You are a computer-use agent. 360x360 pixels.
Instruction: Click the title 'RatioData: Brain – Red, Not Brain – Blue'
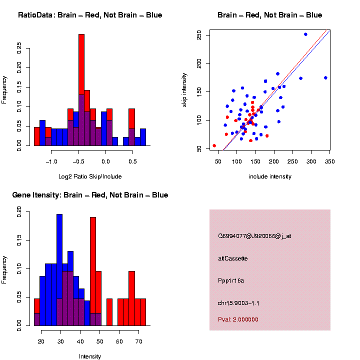(90, 15)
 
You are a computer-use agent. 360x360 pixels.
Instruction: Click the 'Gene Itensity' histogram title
(90, 195)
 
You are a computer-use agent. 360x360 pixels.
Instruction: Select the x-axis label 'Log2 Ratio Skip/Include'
(90, 176)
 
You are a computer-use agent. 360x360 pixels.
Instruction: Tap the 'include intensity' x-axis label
(270, 176)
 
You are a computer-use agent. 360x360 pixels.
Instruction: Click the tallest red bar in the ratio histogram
(81, 65)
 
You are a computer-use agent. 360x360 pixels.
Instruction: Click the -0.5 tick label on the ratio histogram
(78, 161)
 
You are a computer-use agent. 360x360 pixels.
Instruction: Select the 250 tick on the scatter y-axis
(199, 35)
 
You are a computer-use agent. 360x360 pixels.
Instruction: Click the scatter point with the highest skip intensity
(305, 34)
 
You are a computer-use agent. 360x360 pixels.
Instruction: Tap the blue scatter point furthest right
(325, 77)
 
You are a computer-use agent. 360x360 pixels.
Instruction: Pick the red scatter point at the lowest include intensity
(214, 145)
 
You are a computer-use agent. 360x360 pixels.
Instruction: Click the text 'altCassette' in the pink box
(233, 258)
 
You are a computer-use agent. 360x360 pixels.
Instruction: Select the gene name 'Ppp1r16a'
(231, 280)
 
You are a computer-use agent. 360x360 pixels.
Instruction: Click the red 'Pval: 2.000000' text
(238, 319)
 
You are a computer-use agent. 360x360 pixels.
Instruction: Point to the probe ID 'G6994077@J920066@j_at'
(254, 236)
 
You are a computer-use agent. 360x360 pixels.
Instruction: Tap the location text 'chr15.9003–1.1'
(238, 303)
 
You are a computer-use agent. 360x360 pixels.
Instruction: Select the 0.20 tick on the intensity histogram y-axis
(19, 212)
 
